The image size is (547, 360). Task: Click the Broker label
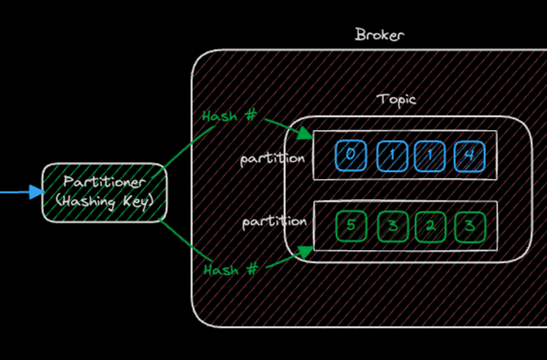(379, 34)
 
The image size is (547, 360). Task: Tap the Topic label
(396, 99)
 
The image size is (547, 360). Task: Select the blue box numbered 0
(351, 155)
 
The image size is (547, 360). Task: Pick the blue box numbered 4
(470, 155)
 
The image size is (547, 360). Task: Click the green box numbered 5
(351, 226)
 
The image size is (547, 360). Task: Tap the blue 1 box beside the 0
(390, 155)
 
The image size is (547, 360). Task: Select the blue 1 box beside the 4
(430, 155)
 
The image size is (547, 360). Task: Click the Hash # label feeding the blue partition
(229, 116)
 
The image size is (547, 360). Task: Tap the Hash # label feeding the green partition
(230, 270)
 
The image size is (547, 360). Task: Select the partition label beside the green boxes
(275, 222)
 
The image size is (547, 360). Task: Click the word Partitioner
(104, 182)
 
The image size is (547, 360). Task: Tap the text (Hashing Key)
(104, 202)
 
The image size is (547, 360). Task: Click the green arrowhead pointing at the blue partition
(305, 135)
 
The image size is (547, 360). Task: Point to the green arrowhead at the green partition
(305, 251)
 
